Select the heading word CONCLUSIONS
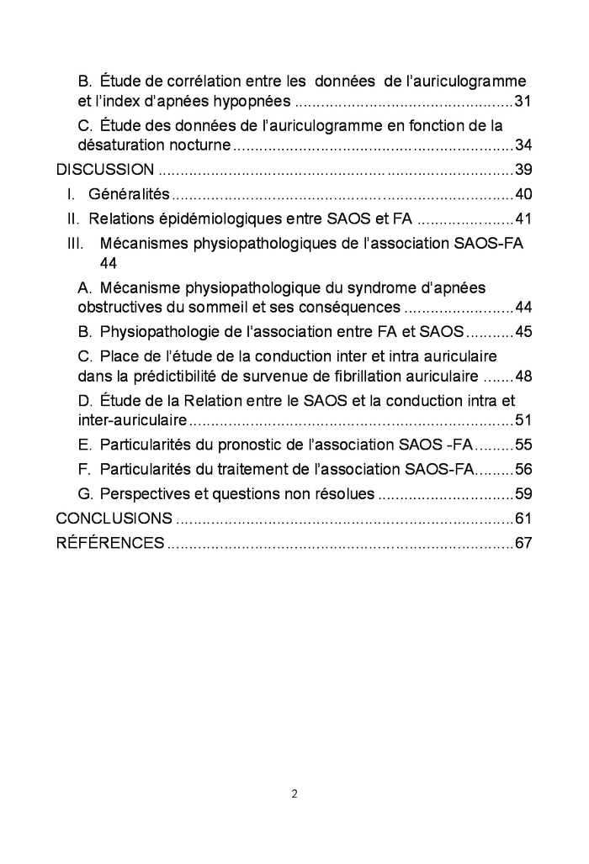114,518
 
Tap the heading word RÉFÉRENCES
109,543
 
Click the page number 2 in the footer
294,793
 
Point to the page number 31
523,102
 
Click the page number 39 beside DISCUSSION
523,170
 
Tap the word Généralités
129,195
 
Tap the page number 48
523,376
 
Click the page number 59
523,493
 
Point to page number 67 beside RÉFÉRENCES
523,543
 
